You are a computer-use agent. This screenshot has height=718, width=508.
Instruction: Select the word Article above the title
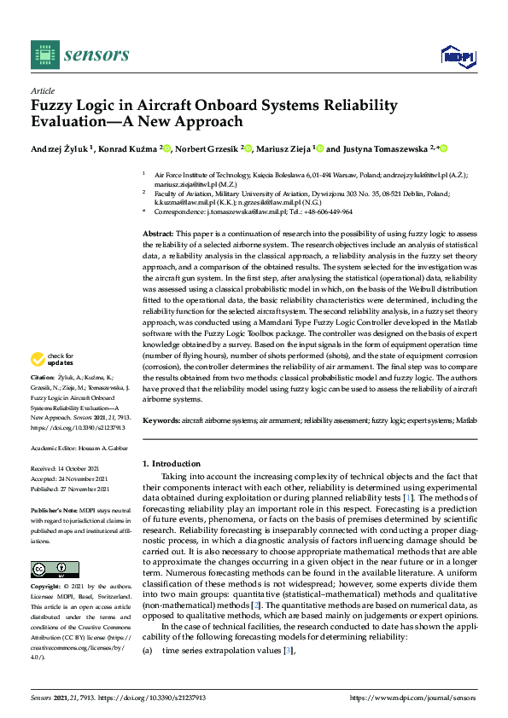(42, 90)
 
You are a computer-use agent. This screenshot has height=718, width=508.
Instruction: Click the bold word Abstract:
(158, 233)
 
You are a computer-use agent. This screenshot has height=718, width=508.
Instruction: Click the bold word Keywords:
(161, 421)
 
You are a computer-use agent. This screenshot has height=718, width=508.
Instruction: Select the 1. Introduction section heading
(171, 464)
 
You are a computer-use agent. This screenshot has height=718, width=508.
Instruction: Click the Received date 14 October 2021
(85, 468)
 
